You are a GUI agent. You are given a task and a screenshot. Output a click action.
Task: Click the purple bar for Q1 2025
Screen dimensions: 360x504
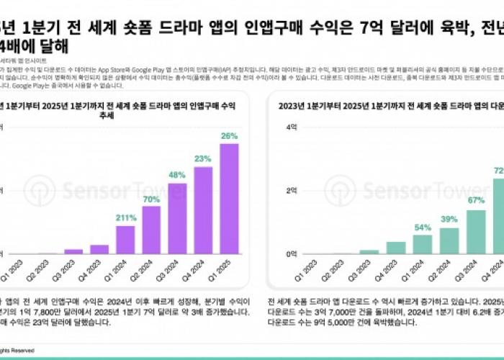click(229, 199)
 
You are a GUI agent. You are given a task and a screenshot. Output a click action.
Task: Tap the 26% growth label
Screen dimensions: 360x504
click(229, 135)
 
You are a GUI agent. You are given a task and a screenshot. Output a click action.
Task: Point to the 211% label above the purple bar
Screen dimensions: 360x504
click(125, 218)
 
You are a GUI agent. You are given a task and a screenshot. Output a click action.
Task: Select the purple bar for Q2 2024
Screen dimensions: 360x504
click(151, 230)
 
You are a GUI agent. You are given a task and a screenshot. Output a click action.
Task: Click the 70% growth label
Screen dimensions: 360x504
click(151, 199)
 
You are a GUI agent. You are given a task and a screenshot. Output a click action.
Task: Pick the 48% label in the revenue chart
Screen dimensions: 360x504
click(177, 175)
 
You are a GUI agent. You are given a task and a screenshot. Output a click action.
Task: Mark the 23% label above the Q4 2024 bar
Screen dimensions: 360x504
click(203, 159)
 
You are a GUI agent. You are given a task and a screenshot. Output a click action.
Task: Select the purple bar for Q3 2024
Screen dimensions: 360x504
click(177, 219)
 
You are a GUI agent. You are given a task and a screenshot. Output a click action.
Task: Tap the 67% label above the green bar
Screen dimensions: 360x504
click(476, 201)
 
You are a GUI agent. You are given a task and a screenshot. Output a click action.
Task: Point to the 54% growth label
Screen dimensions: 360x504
click(423, 228)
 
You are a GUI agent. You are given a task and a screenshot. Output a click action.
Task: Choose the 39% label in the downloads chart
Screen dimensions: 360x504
click(449, 220)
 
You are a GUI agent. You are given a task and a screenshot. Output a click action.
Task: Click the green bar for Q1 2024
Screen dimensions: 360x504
click(423, 245)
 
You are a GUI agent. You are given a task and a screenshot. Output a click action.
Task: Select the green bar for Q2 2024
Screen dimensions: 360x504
click(449, 241)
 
